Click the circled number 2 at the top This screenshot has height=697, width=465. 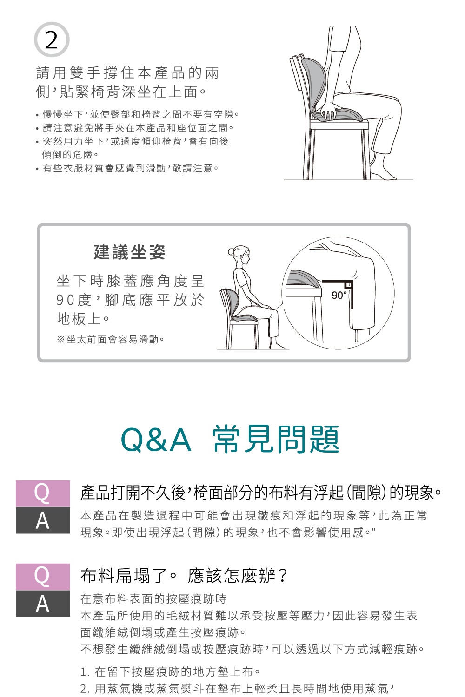coord(51,40)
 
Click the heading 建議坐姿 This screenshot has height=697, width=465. coord(129,252)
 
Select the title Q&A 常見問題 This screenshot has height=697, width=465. coord(230,439)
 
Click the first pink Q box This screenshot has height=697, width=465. coord(43,493)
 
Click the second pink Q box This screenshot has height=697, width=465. coord(43,577)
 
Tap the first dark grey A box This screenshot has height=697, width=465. coord(43,520)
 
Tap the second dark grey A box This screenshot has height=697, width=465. coord(43,604)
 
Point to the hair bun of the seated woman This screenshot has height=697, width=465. coord(232,252)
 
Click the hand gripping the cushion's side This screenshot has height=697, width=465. coord(329,114)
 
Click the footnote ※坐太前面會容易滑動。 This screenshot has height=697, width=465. coord(111,340)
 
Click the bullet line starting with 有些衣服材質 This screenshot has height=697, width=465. coord(130,168)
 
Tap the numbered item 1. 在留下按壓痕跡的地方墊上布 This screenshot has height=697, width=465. coord(170,671)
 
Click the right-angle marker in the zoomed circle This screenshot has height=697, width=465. coord(347,284)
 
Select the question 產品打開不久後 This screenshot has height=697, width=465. coord(260,493)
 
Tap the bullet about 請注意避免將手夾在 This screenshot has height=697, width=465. coord(138,128)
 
